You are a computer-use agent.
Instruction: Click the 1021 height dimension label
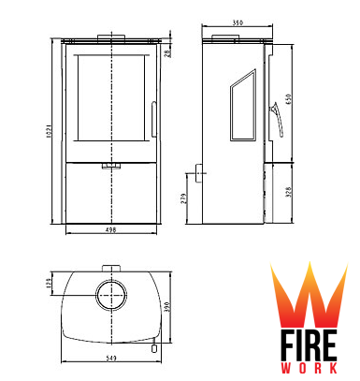click(49, 131)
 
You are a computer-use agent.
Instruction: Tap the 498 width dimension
click(110, 230)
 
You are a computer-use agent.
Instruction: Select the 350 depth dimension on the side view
click(238, 22)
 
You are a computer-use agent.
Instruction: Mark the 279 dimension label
click(183, 198)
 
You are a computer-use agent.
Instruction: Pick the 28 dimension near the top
click(167, 53)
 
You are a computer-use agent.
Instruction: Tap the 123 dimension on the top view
click(49, 283)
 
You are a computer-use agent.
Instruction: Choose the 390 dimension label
click(166, 307)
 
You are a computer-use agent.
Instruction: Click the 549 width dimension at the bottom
click(111, 358)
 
